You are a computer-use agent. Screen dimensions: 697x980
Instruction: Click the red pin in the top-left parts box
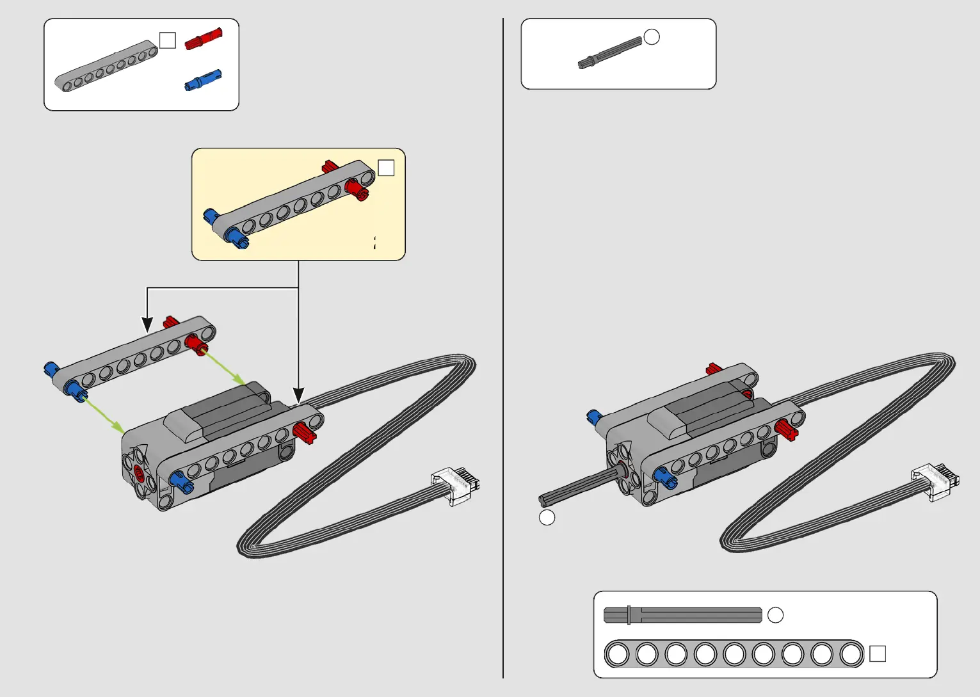point(204,39)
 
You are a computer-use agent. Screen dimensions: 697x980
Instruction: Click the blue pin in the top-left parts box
point(203,81)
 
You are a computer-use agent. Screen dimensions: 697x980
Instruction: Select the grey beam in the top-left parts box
point(106,66)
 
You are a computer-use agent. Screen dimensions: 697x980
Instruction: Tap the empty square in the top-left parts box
point(167,40)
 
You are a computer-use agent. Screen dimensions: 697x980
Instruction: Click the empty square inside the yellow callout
point(386,168)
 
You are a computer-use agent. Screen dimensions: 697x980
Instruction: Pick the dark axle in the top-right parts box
point(610,53)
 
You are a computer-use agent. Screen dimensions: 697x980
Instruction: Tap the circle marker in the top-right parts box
point(652,37)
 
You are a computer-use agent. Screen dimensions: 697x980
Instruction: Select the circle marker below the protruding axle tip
point(547,517)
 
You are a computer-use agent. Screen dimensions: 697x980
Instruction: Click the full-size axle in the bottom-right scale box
point(682,615)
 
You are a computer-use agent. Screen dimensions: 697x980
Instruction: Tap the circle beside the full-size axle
point(775,615)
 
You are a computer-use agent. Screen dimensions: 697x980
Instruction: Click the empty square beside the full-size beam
point(878,653)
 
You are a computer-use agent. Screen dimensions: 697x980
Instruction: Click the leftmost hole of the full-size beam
point(618,654)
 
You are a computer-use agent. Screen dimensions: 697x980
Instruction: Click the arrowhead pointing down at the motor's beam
point(298,396)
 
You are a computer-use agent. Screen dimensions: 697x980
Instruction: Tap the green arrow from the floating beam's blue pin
point(104,414)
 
